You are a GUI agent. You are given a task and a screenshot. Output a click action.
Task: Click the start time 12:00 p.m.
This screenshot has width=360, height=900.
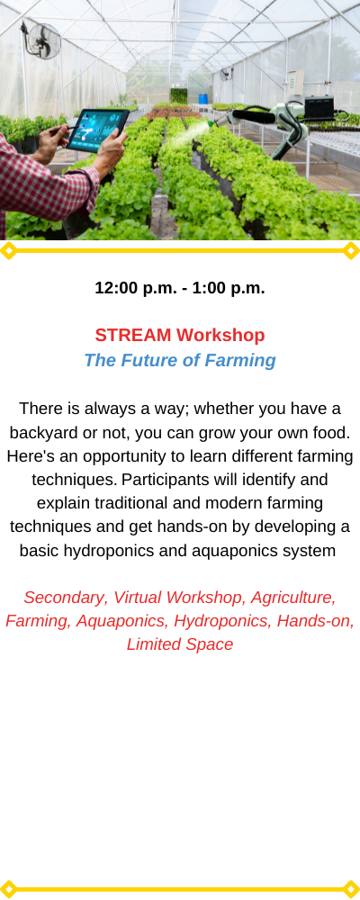point(136,288)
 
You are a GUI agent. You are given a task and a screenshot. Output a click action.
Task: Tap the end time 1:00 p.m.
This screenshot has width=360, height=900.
point(229,288)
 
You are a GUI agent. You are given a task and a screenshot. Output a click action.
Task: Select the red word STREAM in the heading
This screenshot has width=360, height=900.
point(133,335)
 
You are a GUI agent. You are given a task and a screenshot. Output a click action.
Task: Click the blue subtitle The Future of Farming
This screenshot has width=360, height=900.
point(180,361)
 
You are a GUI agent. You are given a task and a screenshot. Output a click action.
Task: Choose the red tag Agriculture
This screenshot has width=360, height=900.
point(293,598)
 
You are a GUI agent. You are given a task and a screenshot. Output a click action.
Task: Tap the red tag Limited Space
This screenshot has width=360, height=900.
point(180,644)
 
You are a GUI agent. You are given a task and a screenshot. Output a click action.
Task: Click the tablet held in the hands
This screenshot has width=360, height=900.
point(98,130)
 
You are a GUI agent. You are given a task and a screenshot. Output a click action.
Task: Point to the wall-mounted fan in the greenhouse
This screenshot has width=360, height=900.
point(41,40)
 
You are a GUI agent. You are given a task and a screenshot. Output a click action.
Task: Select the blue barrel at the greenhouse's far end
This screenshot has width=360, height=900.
point(202,99)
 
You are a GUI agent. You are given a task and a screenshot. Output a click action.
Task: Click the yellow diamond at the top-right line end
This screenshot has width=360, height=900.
point(351,251)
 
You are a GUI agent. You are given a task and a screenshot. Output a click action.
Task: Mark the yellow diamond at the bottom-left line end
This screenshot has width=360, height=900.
point(8,889)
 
